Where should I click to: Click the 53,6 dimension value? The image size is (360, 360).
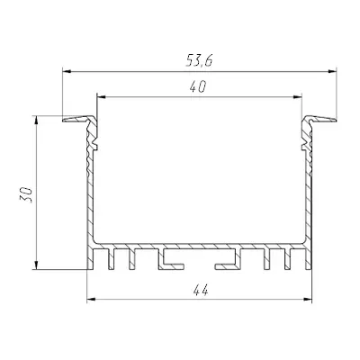199,61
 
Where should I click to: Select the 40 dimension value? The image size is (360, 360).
198,87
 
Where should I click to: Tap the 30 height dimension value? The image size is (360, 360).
26,194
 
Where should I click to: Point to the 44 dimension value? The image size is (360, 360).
201,291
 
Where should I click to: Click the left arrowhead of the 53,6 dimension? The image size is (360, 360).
67,71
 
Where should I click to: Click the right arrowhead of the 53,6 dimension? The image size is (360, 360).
332,71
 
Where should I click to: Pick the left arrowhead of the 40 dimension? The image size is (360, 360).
102,97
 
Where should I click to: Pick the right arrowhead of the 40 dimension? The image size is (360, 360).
297,97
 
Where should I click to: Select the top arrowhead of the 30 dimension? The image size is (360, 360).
36,120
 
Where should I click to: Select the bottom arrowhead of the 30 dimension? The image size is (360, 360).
36,265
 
